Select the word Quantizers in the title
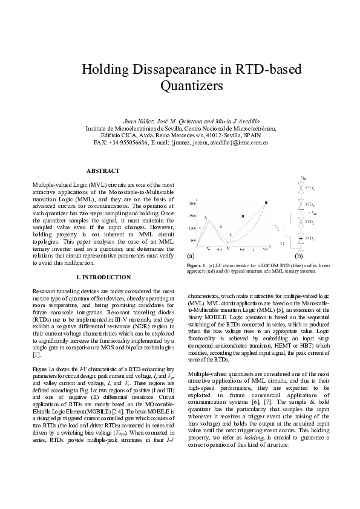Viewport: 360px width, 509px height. pyautogui.click(x=192, y=86)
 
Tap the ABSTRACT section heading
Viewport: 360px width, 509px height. pyautogui.click(x=103, y=171)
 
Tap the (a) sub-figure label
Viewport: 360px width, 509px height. pyautogui.click(x=191, y=256)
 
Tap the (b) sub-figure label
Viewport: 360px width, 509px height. pyautogui.click(x=299, y=256)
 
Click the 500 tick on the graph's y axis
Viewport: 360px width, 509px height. pyautogui.click(x=192, y=241)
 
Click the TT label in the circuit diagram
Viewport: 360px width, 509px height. pyautogui.click(x=283, y=242)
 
